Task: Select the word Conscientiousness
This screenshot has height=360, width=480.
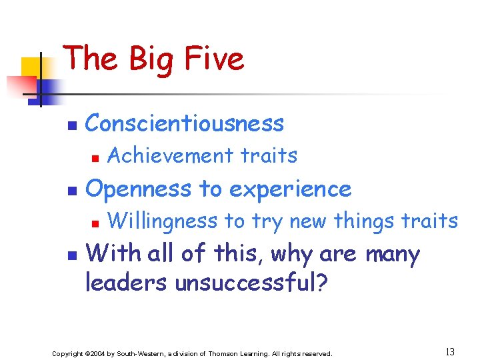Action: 185,123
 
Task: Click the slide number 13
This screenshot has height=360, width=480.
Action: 449,351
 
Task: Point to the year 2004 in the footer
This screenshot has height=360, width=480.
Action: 95,353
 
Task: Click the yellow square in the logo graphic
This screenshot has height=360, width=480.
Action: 32,68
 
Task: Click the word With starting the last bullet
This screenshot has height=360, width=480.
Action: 110,254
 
